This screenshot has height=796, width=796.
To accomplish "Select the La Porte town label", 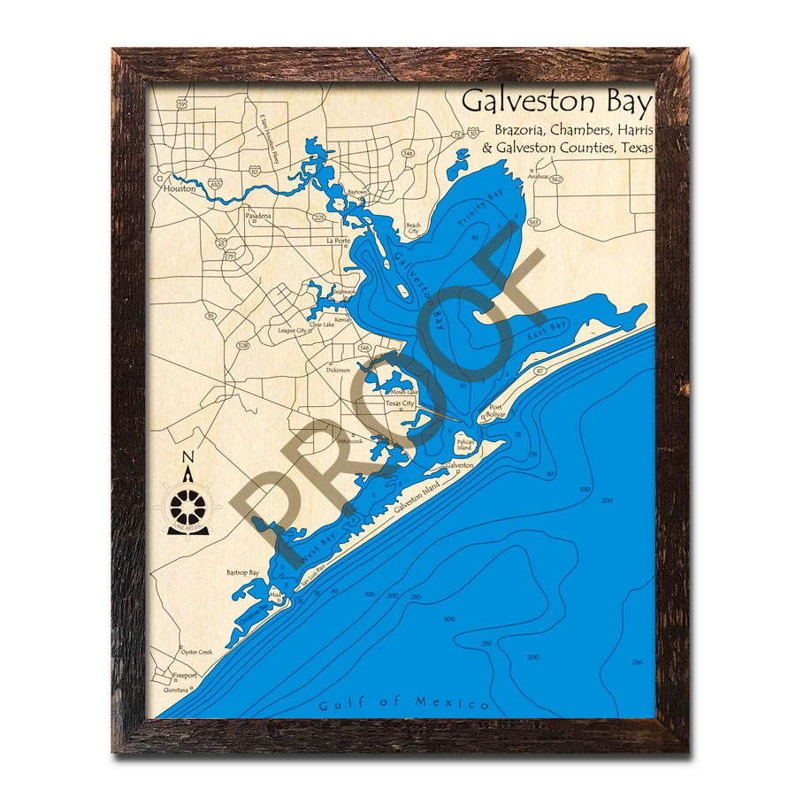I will click(339, 241).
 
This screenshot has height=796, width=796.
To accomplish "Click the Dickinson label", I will click(338, 370).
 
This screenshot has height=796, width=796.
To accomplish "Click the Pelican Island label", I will click(466, 445).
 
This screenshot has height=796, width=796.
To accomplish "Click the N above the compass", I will click(187, 457).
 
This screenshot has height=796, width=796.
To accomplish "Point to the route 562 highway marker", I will click(555, 180).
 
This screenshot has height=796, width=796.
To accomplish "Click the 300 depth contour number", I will click(450, 619).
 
